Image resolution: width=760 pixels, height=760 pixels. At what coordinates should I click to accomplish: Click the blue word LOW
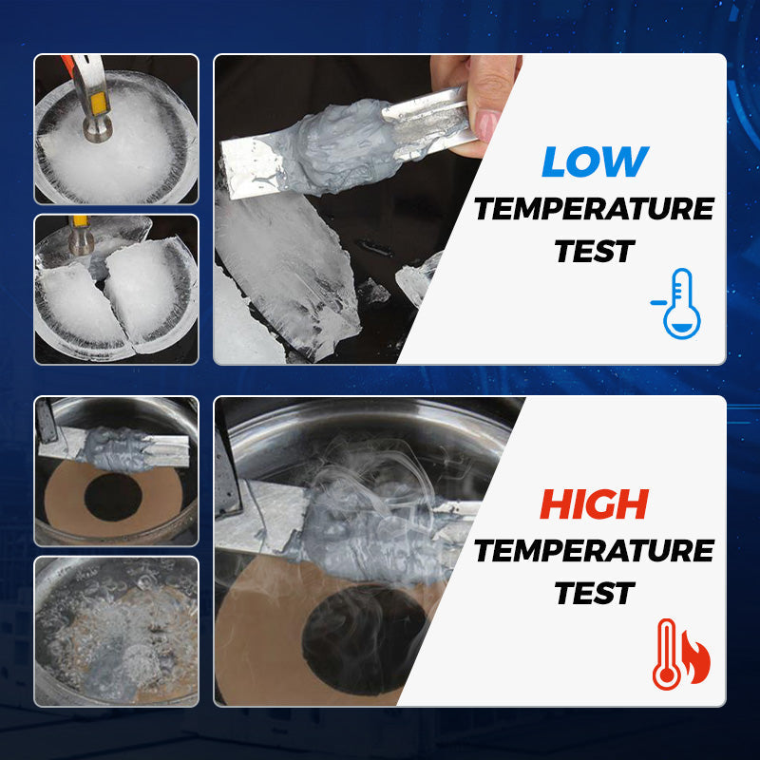(596, 161)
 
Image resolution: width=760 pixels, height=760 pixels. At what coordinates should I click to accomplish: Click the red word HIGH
(595, 504)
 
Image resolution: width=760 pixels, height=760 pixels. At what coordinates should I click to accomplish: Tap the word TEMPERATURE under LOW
(595, 209)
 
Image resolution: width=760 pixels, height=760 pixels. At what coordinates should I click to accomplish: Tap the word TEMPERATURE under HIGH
(595, 551)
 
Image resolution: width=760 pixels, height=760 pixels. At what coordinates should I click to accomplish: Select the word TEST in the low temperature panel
(595, 252)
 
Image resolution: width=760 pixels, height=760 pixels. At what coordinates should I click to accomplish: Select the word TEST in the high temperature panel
(595, 593)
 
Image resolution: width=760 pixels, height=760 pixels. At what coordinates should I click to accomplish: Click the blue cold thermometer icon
(677, 303)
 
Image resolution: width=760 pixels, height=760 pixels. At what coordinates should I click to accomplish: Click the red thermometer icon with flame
(681, 655)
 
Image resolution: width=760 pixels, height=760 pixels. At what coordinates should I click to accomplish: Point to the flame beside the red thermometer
(696, 657)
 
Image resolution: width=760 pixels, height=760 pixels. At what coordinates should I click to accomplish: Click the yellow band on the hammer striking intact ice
(99, 104)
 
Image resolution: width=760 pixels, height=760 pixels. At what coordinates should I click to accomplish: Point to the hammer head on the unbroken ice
(97, 130)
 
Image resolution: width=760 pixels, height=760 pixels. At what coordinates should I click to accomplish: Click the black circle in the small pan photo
(113, 497)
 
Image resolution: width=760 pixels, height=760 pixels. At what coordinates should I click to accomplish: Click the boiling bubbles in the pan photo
(116, 631)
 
